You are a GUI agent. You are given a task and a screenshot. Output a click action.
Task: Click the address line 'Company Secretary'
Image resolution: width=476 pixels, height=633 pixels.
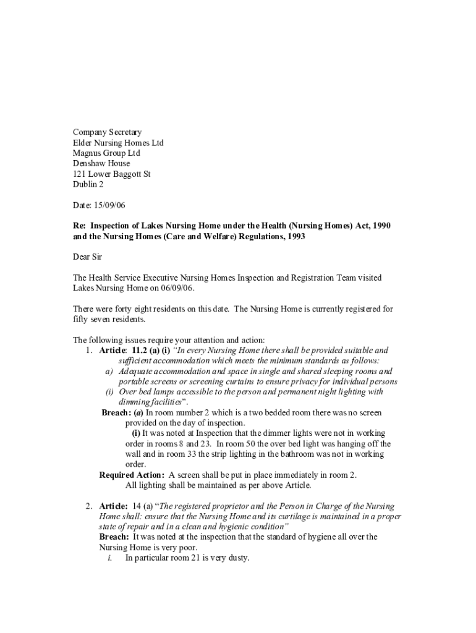pyautogui.click(x=107, y=132)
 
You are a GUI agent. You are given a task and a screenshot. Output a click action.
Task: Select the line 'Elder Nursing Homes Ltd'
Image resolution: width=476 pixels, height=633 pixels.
pyautogui.click(x=118, y=143)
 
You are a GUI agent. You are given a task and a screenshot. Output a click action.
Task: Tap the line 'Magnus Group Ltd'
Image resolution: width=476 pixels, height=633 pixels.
pyautogui.click(x=106, y=153)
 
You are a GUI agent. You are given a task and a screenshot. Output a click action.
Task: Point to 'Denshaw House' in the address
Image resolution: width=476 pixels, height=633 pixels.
pyautogui.click(x=101, y=164)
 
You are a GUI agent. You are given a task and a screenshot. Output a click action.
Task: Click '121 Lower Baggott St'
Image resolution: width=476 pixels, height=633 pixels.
pyautogui.click(x=111, y=174)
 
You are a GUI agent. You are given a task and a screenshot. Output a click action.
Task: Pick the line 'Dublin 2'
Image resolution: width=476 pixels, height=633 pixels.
pyautogui.click(x=88, y=185)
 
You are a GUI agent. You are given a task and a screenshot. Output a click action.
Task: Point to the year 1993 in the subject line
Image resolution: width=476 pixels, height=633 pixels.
pyautogui.click(x=294, y=236)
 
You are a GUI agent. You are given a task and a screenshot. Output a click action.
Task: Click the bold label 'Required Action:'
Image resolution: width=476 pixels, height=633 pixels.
pyautogui.click(x=132, y=475)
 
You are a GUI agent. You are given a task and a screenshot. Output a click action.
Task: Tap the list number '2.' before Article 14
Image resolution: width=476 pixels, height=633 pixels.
pyautogui.click(x=90, y=506)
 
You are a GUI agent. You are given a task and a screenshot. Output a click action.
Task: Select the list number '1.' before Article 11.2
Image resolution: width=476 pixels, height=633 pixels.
pyautogui.click(x=90, y=350)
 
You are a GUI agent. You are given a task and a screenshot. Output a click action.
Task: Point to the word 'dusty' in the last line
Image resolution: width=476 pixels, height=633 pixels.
pyautogui.click(x=237, y=558)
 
